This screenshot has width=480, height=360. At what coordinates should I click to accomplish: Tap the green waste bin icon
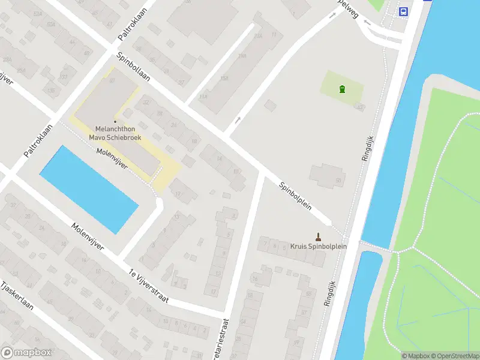[342, 90]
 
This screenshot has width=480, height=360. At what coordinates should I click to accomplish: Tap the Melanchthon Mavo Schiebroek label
[116, 133]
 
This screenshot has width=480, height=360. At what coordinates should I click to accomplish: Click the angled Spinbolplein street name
[295, 196]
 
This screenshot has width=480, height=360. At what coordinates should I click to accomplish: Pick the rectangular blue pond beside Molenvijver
[89, 189]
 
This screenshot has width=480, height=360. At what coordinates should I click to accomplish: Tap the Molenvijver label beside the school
[112, 158]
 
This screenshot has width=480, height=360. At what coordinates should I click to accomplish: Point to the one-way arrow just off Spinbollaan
[238, 120]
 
